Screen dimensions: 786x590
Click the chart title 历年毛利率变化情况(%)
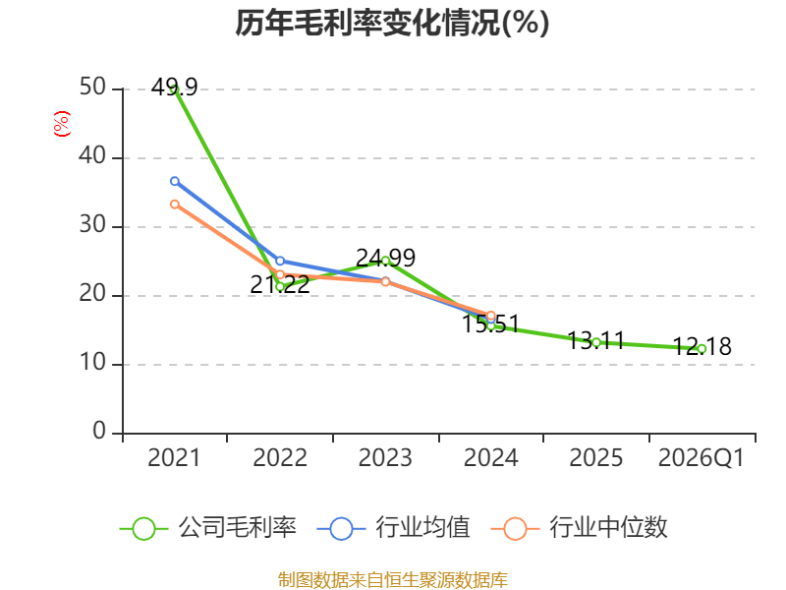pyautogui.click(x=392, y=23)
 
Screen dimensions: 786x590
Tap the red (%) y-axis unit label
pyautogui.click(x=62, y=124)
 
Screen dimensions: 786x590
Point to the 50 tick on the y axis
pyautogui.click(x=92, y=88)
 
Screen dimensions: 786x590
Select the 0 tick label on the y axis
pyautogui.click(x=99, y=431)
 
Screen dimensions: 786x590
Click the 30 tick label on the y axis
pyautogui.click(x=92, y=225)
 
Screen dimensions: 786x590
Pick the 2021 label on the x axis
pyautogui.click(x=174, y=457)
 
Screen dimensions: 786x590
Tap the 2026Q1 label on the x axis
pyautogui.click(x=702, y=457)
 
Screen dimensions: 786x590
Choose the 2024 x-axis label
pyautogui.click(x=490, y=457)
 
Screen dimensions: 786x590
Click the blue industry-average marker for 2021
pyautogui.click(x=175, y=181)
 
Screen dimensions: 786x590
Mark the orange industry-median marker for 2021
pyautogui.click(x=175, y=205)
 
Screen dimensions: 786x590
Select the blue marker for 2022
pyautogui.click(x=280, y=261)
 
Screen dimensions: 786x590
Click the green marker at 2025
pyautogui.click(x=596, y=342)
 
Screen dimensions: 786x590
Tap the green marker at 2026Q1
pyautogui.click(x=702, y=349)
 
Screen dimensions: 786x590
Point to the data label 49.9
pyautogui.click(x=175, y=88)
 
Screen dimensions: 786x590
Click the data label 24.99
pyautogui.click(x=385, y=258)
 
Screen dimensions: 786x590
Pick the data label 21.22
pyautogui.click(x=280, y=284)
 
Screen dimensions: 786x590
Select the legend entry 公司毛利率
pyautogui.click(x=208, y=528)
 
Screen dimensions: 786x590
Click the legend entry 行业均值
pyautogui.click(x=394, y=528)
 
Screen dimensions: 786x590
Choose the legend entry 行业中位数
pyautogui.click(x=579, y=528)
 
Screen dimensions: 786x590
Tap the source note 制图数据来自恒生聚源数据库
pyautogui.click(x=393, y=580)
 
